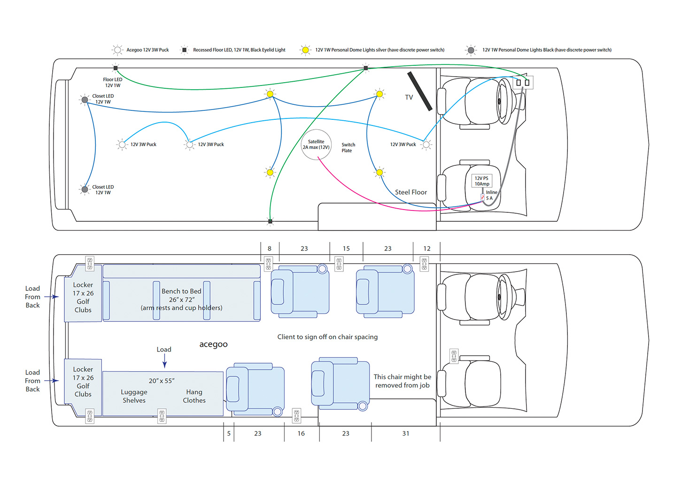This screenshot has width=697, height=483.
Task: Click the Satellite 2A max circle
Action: pyautogui.click(x=316, y=145)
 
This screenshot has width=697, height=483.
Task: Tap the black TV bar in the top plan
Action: pyautogui.click(x=419, y=91)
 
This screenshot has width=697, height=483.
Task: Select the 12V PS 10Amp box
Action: pyautogui.click(x=481, y=181)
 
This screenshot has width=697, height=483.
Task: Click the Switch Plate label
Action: pyautogui.click(x=348, y=148)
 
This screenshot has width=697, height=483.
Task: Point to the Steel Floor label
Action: pyautogui.click(x=410, y=192)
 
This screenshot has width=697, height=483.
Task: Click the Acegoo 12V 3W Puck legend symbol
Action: pyautogui.click(x=117, y=50)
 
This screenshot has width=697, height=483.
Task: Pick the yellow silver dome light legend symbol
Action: pyautogui.click(x=305, y=50)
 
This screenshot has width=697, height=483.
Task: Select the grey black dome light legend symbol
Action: pyautogui.click(x=471, y=50)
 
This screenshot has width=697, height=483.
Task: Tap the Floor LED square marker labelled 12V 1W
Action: pyautogui.click(x=116, y=68)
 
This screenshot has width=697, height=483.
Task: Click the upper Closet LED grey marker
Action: pyautogui.click(x=85, y=100)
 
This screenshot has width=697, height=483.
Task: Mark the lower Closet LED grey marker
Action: pyautogui.click(x=85, y=189)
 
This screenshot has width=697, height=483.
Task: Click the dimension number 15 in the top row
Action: pyautogui.click(x=346, y=249)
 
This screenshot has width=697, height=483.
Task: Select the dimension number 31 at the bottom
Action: pyautogui.click(x=405, y=434)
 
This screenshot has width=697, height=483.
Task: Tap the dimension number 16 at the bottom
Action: pyautogui.click(x=301, y=434)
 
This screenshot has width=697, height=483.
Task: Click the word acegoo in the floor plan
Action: pyautogui.click(x=213, y=344)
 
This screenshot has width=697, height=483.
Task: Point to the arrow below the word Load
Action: pyautogui.click(x=164, y=361)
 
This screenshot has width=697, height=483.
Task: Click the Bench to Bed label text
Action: pyautogui.click(x=181, y=291)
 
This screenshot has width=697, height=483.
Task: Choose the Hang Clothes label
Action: pyautogui.click(x=194, y=396)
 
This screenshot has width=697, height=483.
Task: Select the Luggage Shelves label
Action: pyautogui.click(x=134, y=396)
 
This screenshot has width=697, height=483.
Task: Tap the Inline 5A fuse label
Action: pyautogui.click(x=491, y=195)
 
